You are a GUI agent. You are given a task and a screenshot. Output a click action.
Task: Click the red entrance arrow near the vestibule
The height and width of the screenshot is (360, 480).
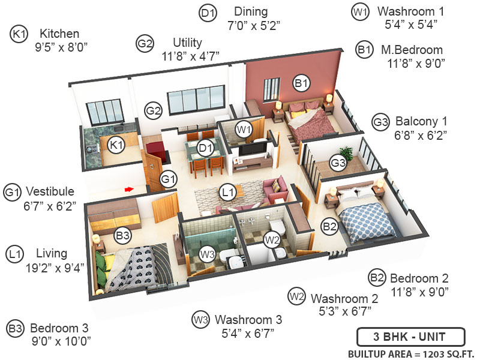point(128,189)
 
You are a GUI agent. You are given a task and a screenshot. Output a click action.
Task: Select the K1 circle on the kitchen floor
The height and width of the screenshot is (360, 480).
point(116,144)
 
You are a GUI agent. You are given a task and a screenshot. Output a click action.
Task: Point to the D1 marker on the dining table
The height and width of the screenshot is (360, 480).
point(206,148)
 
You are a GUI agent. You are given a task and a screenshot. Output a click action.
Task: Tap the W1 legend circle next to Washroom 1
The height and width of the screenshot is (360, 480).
point(360,11)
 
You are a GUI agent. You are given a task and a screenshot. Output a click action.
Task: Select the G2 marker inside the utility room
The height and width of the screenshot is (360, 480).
point(154,110)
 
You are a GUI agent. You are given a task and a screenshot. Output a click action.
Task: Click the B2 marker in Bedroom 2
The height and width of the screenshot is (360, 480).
point(329,226)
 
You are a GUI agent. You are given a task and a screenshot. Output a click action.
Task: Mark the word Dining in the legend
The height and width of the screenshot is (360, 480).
point(251,12)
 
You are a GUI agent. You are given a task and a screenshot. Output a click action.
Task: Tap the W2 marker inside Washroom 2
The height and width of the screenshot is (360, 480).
point(272,240)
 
